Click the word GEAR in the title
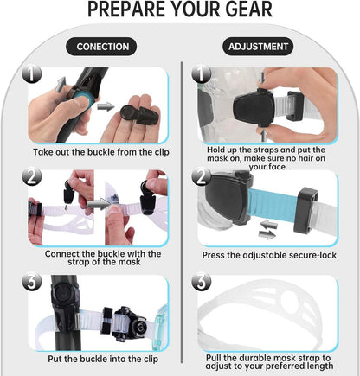tap(249, 10)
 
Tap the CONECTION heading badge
tap(101, 47)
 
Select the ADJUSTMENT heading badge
tap(258, 47)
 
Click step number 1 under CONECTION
tap(32, 73)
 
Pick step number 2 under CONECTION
tap(32, 176)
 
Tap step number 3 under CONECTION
tap(32, 282)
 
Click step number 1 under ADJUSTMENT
tap(202, 73)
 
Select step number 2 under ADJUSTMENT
tap(202, 176)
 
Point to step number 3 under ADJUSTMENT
tap(202, 282)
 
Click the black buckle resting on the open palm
tap(139, 115)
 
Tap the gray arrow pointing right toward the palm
tap(106, 107)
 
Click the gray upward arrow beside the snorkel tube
tap(61, 85)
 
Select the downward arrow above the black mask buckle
tap(262, 78)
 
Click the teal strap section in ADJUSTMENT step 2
tap(273, 205)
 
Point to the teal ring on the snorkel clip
tap(86, 100)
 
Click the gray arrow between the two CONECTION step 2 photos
tap(99, 204)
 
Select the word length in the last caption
tap(318, 366)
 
